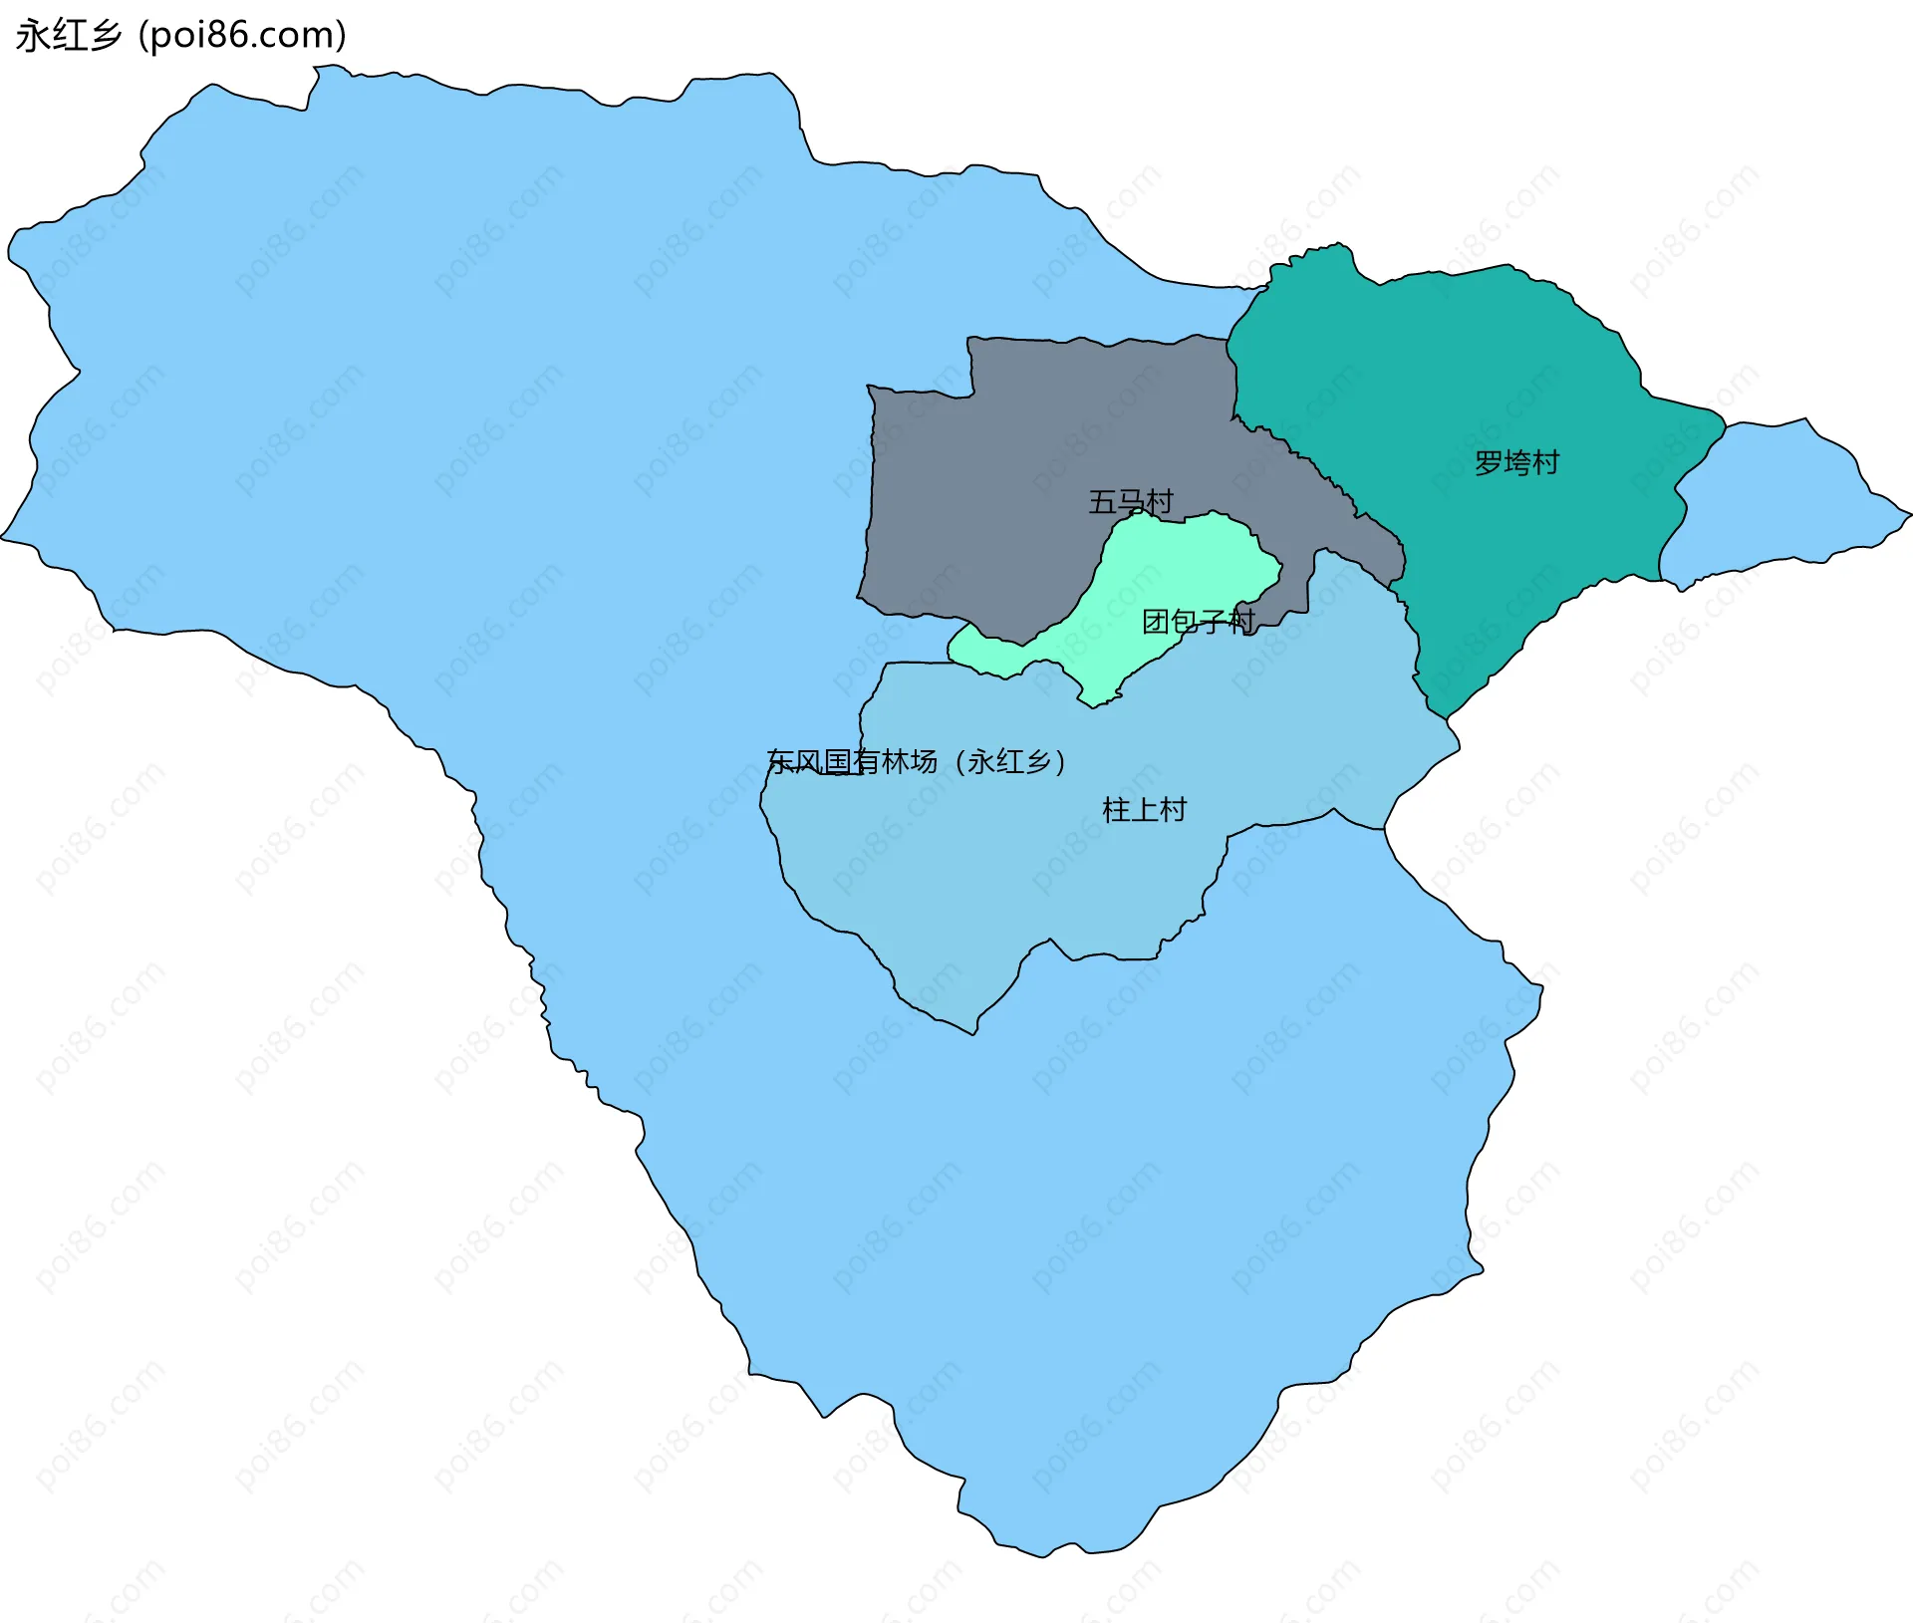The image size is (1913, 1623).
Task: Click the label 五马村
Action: point(1130,501)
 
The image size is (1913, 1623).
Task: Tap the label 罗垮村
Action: point(1516,462)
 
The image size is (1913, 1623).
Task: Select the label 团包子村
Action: point(1198,622)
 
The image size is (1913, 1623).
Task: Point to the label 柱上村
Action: point(1144,809)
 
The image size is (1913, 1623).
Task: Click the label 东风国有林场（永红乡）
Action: point(917,762)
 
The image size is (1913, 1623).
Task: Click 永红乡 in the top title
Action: point(68,36)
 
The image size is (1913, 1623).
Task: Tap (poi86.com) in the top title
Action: point(242,36)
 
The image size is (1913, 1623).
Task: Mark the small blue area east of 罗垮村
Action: point(1783,498)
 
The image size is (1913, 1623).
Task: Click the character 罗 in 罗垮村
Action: point(1489,462)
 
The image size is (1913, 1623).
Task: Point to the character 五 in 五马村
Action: point(1102,501)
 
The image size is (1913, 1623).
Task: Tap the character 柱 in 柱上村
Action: point(1116,809)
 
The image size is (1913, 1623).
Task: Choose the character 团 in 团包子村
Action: point(1156,622)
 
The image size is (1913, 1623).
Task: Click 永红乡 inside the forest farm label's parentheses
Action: point(1009,762)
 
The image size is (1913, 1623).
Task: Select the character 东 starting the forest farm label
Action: point(781,762)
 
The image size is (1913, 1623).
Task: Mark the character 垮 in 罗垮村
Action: point(1516,462)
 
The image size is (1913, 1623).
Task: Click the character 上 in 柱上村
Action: point(1144,809)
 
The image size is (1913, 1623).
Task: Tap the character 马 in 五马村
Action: point(1130,501)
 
